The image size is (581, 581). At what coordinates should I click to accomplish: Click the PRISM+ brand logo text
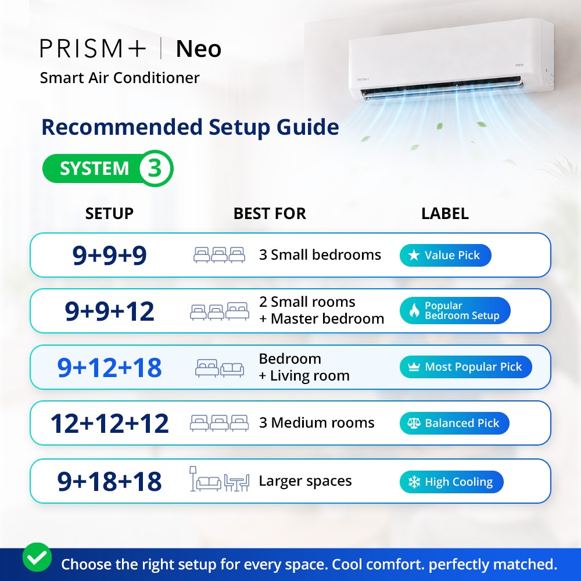coord(93,49)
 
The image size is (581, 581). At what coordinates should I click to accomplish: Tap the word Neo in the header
coord(199,49)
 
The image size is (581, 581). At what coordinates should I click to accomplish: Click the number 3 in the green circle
coord(155,168)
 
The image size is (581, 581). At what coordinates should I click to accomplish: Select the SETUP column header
coord(109,213)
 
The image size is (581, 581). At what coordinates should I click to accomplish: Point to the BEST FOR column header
coord(270,213)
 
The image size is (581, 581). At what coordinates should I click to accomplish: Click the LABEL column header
coord(445,213)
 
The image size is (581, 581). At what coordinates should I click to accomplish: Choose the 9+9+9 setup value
coord(110,255)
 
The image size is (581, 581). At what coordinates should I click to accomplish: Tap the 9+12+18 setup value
coord(110,368)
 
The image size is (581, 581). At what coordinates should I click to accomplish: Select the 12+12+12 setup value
coord(110,423)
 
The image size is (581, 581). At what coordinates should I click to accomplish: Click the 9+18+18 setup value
coord(110,481)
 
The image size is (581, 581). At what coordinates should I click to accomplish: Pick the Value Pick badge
coord(446,255)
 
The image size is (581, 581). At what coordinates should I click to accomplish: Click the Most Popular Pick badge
coord(466,367)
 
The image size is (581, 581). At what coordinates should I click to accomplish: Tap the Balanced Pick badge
coord(454,423)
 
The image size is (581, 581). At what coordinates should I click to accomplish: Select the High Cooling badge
coord(451,482)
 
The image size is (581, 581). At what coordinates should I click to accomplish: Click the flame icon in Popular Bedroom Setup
coord(414,310)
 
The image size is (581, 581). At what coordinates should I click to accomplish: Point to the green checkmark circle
coord(37,557)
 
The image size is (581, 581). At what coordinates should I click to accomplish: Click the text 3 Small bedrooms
coord(320,255)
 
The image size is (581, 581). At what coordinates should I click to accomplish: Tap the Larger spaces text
coord(306,481)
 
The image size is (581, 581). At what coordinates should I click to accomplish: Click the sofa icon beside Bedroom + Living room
coord(232,369)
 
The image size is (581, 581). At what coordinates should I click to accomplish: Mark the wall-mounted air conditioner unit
coord(451,60)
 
